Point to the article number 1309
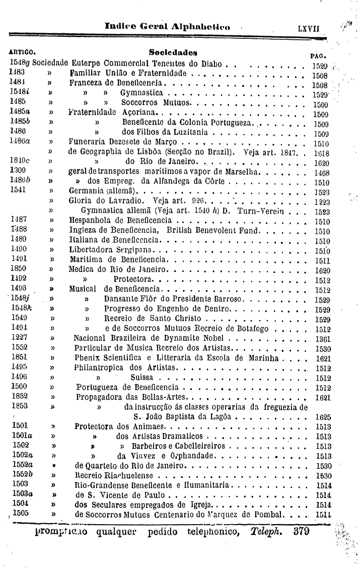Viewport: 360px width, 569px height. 18,171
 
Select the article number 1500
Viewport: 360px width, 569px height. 19,387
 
